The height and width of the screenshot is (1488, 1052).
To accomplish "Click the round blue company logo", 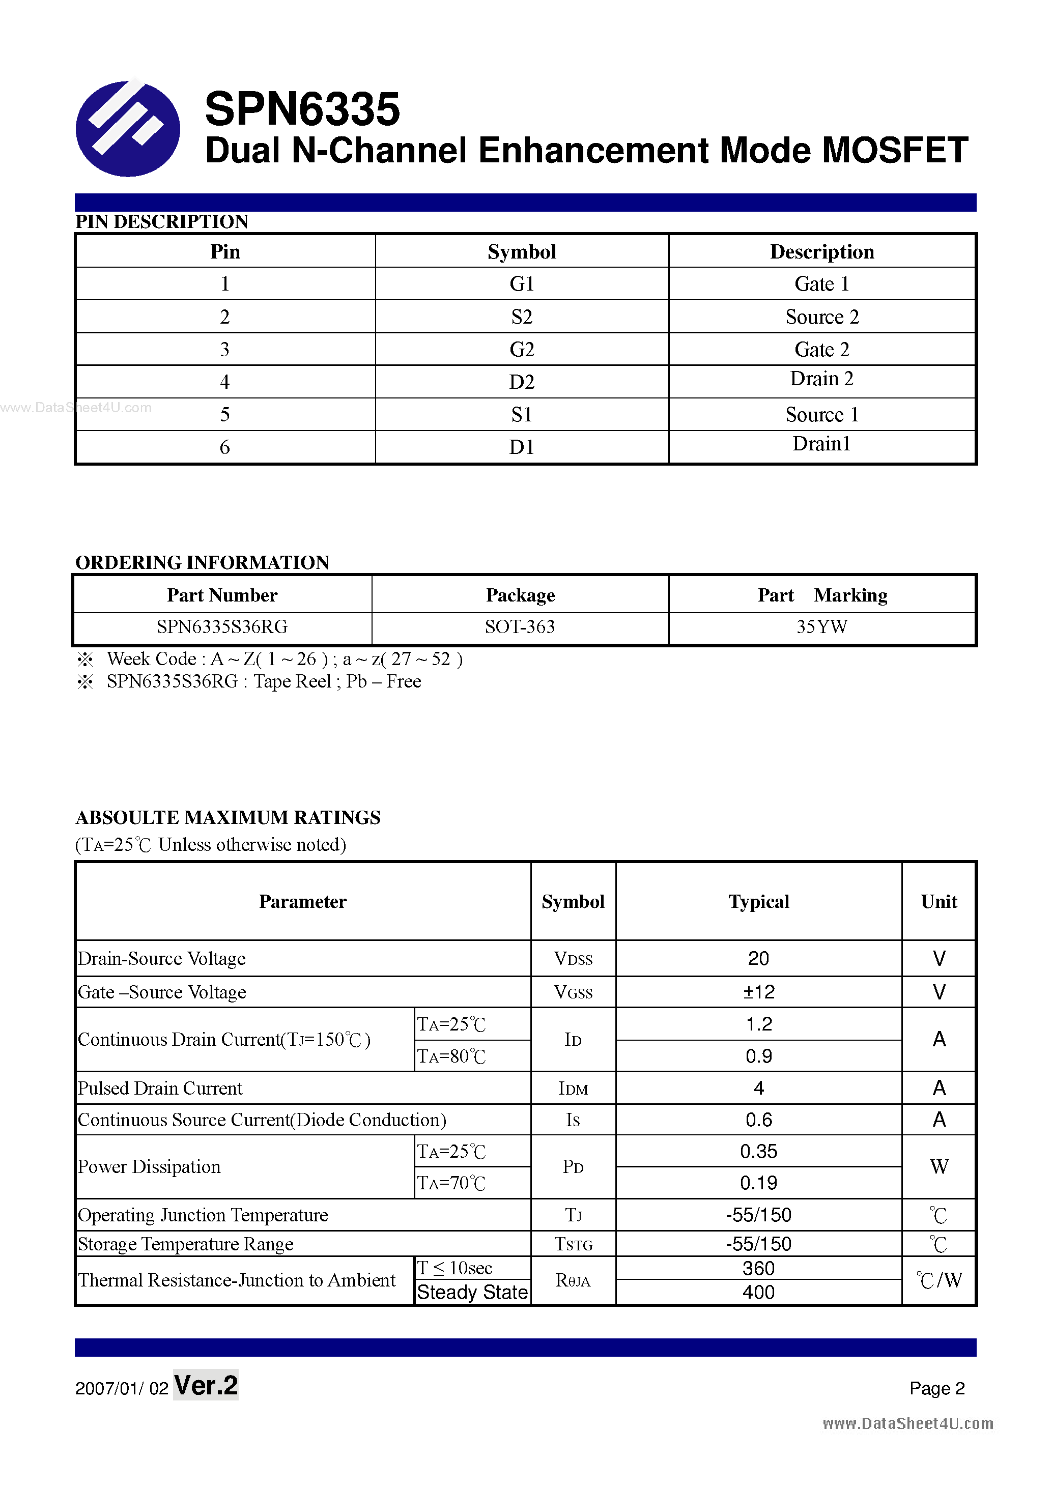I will click(x=128, y=128).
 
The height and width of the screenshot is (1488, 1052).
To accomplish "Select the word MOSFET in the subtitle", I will click(x=895, y=150).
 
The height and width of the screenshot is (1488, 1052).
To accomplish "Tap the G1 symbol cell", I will click(x=522, y=284).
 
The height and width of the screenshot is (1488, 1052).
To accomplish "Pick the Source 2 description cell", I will click(x=822, y=317).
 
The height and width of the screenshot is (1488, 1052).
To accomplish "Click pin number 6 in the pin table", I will click(x=225, y=447).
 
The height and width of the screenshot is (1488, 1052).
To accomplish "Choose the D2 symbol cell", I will click(x=522, y=382).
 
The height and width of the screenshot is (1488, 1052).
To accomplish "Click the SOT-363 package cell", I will click(x=520, y=626).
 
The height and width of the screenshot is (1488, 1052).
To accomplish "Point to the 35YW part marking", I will click(x=822, y=626).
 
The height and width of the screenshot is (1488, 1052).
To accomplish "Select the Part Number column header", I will click(x=222, y=595).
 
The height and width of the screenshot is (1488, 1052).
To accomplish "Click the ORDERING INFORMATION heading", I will click(x=202, y=562).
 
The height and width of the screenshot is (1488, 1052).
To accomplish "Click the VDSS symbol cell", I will click(x=573, y=959).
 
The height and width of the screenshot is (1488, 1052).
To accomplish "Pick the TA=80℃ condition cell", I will click(x=452, y=1056).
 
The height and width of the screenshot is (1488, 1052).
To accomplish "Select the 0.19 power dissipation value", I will click(x=758, y=1183).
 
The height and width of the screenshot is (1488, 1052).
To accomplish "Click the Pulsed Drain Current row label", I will click(x=160, y=1088).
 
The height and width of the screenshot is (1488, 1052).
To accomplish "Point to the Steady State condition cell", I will click(x=472, y=1292).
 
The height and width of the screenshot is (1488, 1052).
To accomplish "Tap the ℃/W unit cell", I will click(x=939, y=1280).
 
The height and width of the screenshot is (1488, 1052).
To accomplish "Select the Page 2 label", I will click(x=936, y=1388).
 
